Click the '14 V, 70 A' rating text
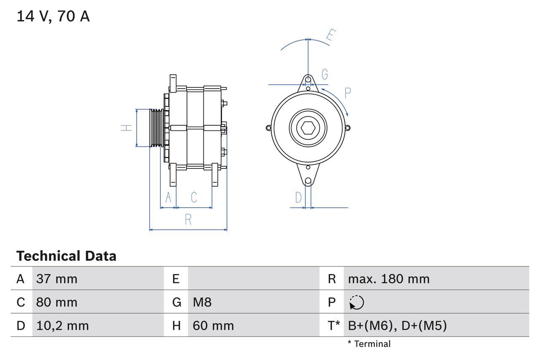[53, 16]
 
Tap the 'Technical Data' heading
[66, 256]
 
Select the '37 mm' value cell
[57, 279]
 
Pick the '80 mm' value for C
[57, 302]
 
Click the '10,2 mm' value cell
[62, 326]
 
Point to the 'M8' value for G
[202, 302]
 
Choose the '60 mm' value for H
[213, 326]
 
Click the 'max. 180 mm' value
[389, 279]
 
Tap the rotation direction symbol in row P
[356, 302]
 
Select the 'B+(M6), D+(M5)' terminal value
[397, 326]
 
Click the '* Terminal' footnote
[369, 344]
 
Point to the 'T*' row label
[333, 326]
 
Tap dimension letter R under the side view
[188, 219]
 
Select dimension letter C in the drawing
[194, 197]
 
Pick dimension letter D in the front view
[299, 197]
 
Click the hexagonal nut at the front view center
[308, 128]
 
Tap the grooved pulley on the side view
[157, 128]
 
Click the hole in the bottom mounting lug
[308, 181]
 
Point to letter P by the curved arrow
[348, 93]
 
